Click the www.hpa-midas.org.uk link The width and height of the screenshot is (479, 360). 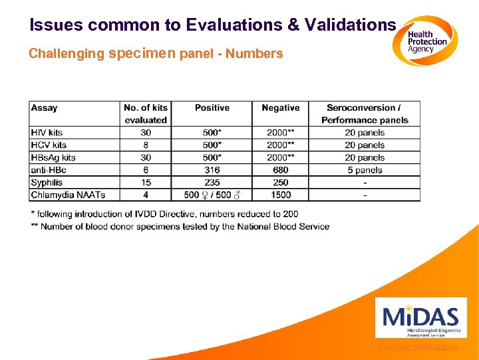[416, 347]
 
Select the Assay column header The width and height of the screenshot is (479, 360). [45, 108]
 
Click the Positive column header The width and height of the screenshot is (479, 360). [212, 108]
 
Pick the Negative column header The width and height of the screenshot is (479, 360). [280, 108]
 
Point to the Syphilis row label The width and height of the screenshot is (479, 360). [47, 183]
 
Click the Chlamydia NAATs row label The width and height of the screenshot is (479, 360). [68, 195]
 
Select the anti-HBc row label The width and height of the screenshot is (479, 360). [49, 170]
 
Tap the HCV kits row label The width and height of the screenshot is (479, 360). [49, 145]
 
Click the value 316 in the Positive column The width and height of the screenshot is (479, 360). [212, 170]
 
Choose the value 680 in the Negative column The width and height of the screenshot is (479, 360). [280, 170]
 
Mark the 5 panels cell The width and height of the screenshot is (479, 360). [365, 170]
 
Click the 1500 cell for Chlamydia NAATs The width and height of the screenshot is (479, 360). [280, 195]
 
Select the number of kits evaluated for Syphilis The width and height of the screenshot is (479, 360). [146, 183]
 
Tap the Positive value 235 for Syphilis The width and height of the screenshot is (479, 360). [212, 183]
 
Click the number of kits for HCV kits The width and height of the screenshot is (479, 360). [146, 145]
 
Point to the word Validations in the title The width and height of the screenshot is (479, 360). [350, 25]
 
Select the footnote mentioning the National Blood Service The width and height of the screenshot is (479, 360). [180, 227]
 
